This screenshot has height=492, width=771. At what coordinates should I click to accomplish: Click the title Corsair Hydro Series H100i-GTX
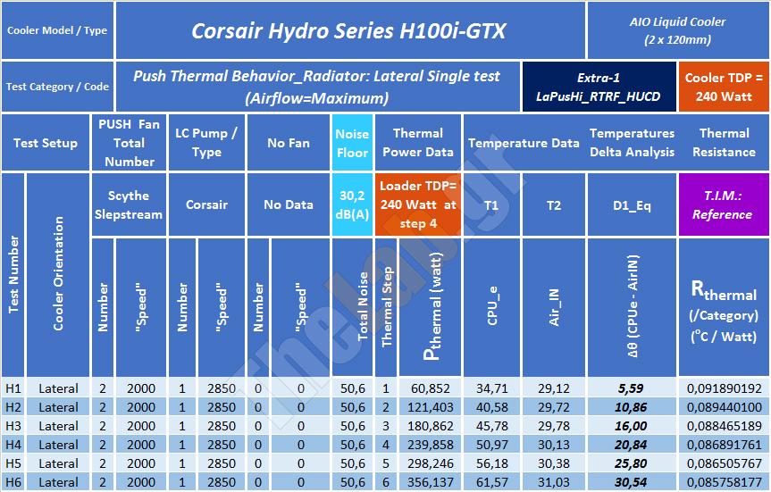click(x=348, y=31)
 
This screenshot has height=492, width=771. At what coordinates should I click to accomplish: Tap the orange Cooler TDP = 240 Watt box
click(x=724, y=87)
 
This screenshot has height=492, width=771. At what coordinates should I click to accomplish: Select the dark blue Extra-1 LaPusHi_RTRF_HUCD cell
click(x=599, y=87)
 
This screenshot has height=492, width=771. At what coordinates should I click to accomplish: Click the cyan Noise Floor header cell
click(x=352, y=143)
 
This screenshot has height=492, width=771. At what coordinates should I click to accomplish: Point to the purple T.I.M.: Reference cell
click(x=722, y=204)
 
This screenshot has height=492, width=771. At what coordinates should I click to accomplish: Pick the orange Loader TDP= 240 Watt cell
click(x=418, y=204)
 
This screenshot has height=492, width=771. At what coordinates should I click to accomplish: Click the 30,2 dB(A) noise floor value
click(x=352, y=204)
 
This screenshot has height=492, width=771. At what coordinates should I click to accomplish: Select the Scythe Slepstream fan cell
click(x=129, y=204)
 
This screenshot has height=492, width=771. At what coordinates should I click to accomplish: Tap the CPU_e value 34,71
click(x=491, y=388)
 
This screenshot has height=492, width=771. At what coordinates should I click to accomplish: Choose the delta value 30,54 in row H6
click(x=632, y=482)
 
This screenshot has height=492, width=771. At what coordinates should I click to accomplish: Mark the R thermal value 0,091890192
click(x=725, y=388)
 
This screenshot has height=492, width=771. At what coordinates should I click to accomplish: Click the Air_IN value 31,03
click(x=554, y=482)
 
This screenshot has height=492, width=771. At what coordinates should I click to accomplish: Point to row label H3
click(x=13, y=426)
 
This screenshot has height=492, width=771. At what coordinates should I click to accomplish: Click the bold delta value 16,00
click(x=632, y=426)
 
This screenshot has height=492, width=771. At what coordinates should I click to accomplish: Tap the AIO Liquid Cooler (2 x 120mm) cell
click(x=677, y=30)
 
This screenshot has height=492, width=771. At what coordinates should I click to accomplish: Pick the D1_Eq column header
click(x=632, y=204)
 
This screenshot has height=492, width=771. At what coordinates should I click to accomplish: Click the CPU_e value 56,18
click(x=491, y=463)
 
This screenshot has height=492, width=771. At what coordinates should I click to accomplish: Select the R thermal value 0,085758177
click(x=725, y=482)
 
